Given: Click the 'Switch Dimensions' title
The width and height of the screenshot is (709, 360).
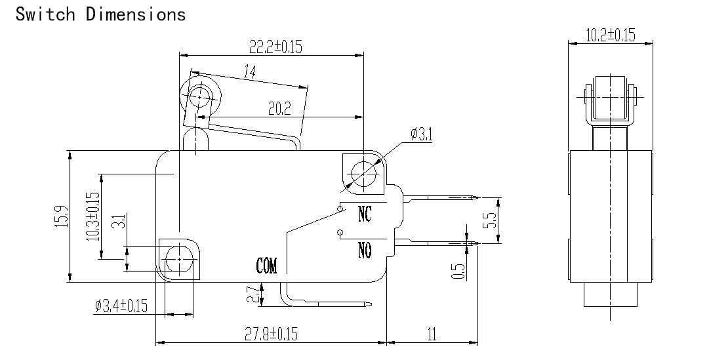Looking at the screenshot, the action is click(x=100, y=14).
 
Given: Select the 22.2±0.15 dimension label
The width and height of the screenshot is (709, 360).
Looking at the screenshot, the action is click(x=275, y=46).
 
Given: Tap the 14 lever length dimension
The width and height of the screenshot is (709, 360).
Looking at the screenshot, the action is click(x=250, y=71).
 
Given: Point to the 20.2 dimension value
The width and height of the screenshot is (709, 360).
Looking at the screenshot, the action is click(x=279, y=109).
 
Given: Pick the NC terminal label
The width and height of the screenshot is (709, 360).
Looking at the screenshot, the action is click(x=365, y=214).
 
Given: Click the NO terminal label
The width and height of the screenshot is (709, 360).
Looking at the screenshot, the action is click(x=365, y=249).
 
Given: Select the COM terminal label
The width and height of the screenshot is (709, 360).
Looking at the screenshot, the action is click(x=266, y=266).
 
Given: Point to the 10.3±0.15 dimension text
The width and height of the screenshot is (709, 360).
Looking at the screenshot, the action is click(x=92, y=216).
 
